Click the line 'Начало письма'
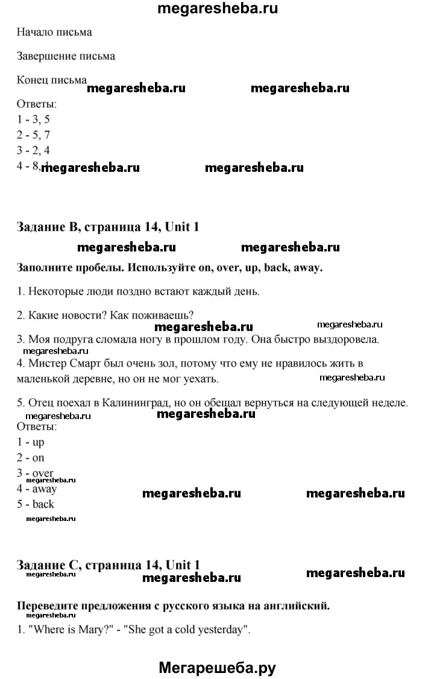(55, 32)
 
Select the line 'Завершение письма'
(66, 56)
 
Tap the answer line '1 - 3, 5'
(34, 119)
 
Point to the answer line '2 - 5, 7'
(34, 135)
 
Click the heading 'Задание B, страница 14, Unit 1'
(108, 227)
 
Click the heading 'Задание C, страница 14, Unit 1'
(108, 565)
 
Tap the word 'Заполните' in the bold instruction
(45, 268)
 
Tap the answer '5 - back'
(36, 504)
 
